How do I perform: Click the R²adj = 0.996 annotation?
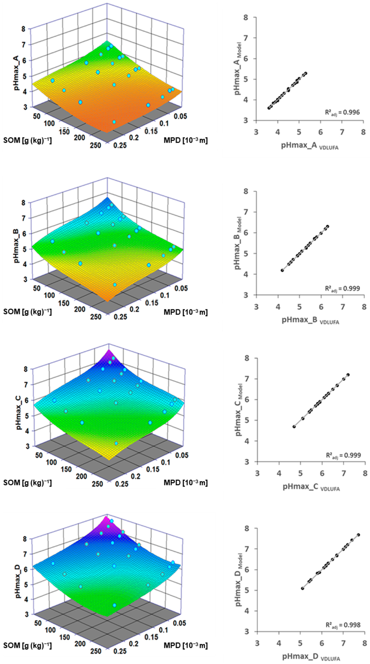coord(342,112)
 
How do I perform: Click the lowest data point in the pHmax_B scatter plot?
coord(282,270)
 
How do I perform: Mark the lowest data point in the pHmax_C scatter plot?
coord(294,427)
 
